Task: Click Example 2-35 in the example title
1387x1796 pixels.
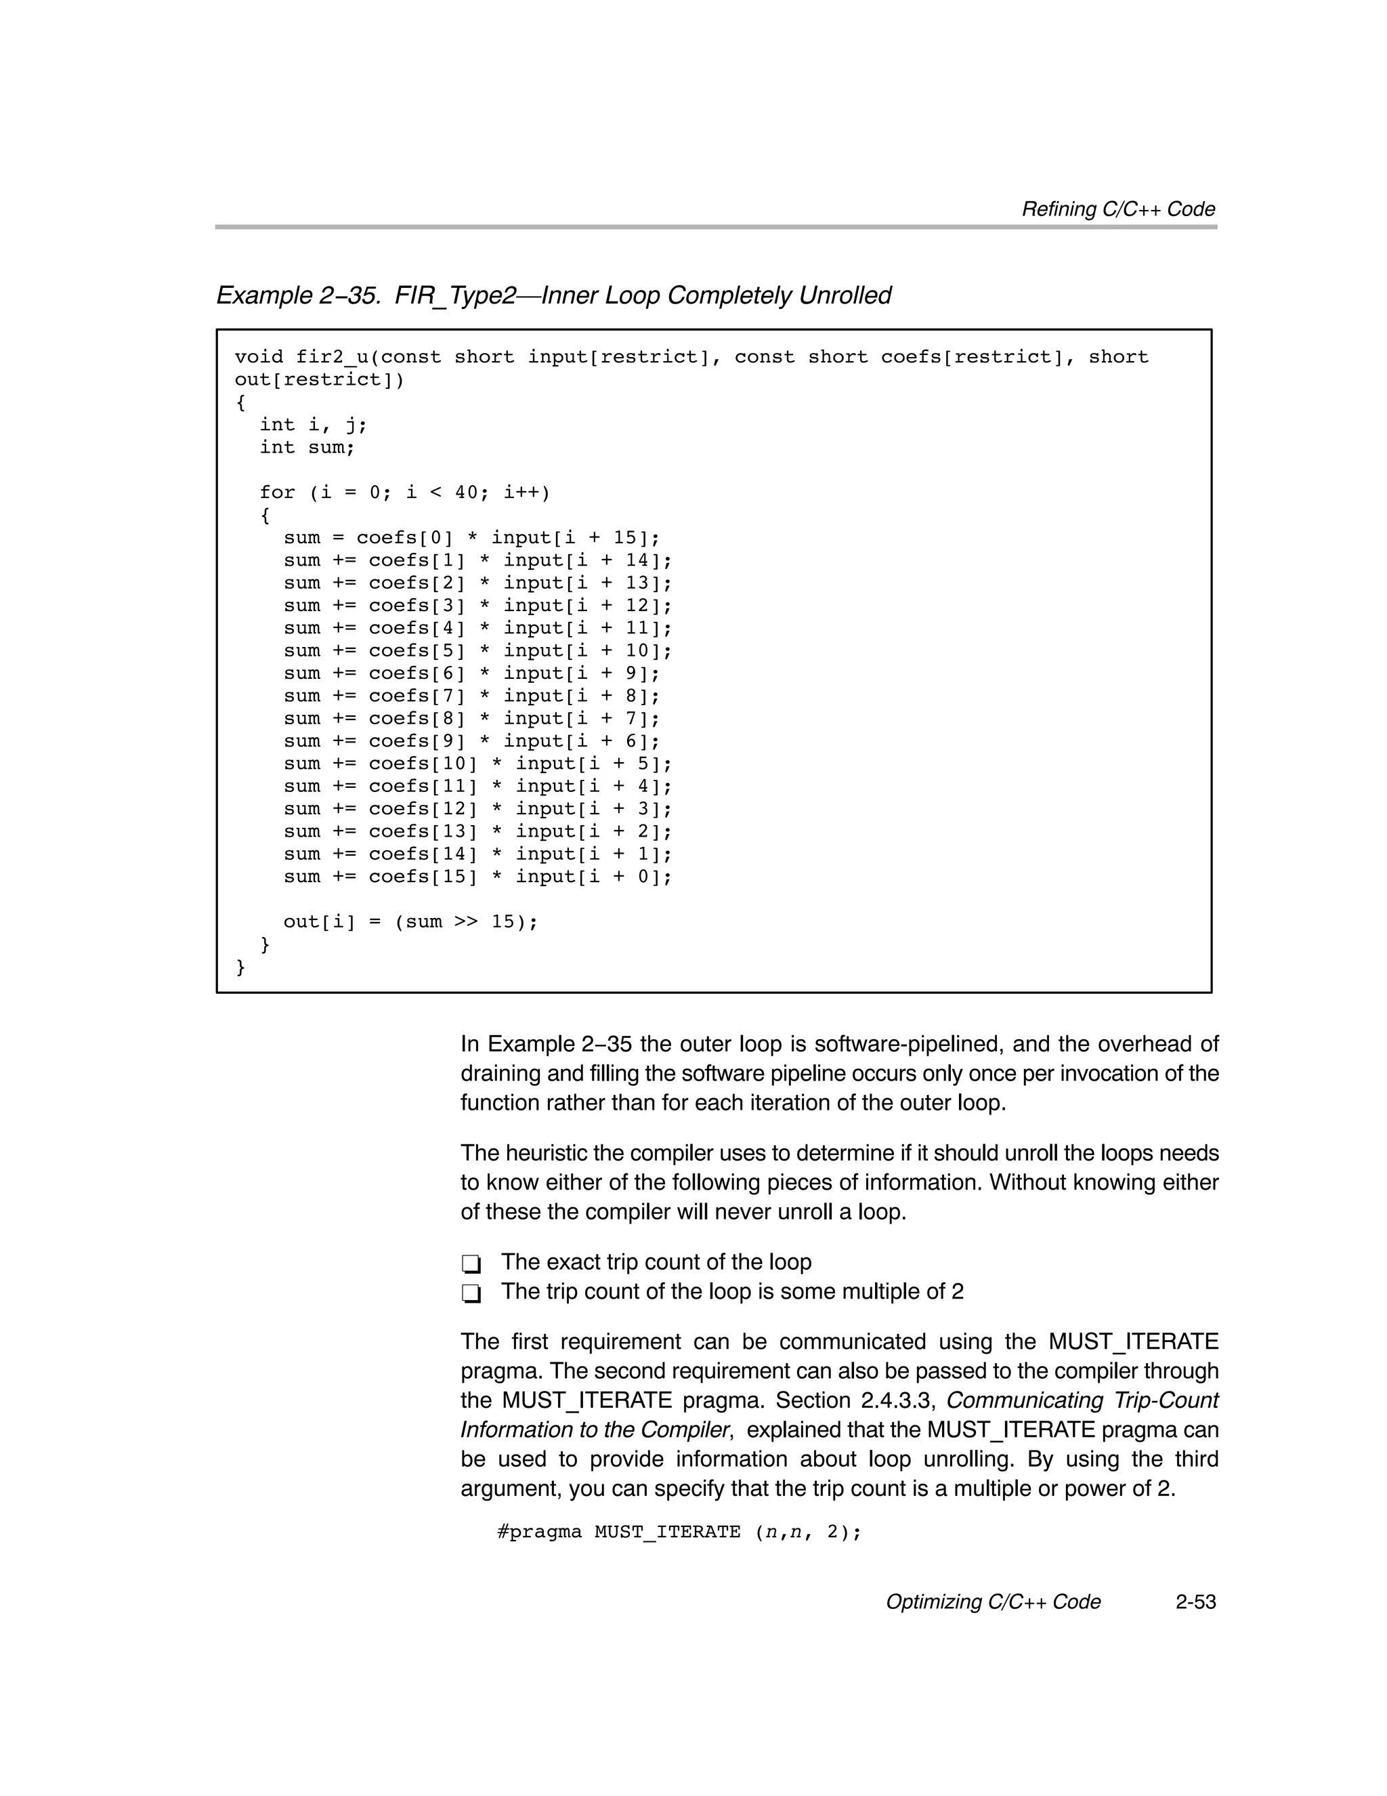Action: pyautogui.click(x=297, y=295)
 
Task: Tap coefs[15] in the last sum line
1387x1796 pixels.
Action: pyautogui.click(x=423, y=877)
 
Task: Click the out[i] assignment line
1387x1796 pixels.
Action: pyautogui.click(x=410, y=922)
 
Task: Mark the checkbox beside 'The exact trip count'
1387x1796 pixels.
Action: pyautogui.click(x=471, y=1263)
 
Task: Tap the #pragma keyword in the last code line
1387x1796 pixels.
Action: pyautogui.click(x=538, y=1532)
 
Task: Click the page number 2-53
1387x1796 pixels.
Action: pyautogui.click(x=1195, y=1602)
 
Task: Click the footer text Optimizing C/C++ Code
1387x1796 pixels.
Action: pyautogui.click(x=992, y=1602)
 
